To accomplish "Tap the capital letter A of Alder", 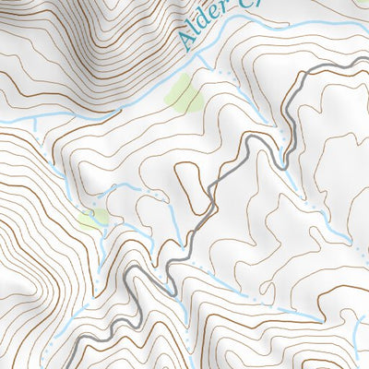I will (x=187, y=41).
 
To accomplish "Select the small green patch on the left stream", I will (x=92, y=218).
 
